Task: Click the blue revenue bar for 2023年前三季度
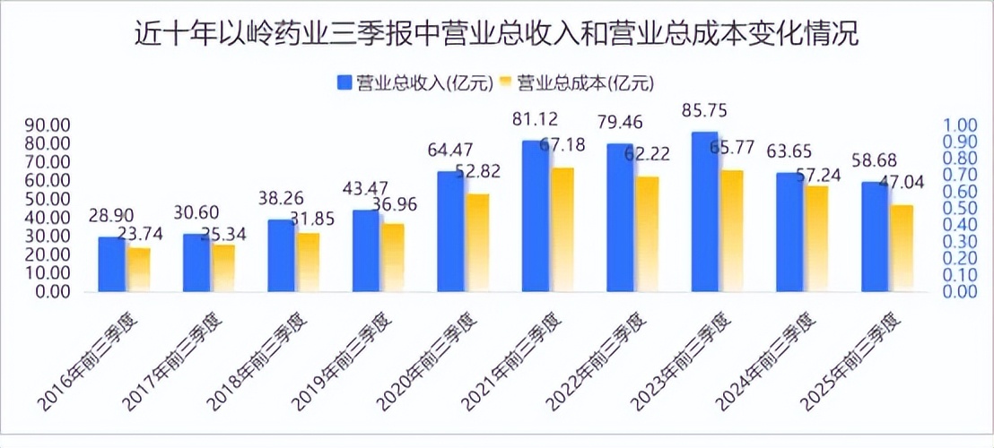point(704,211)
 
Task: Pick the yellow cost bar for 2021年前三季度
point(562,229)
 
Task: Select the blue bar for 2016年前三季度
point(112,264)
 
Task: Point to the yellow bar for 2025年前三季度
point(901,248)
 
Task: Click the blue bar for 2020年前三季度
point(450,231)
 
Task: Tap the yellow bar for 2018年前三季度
point(308,262)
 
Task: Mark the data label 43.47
point(366,191)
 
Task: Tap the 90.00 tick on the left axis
point(48,125)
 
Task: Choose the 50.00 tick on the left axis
point(48,199)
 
